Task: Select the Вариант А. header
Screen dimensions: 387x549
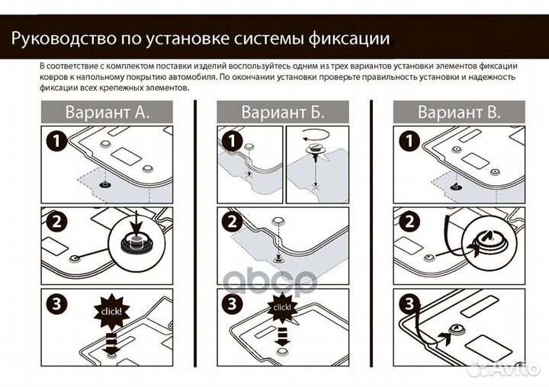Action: click(x=106, y=112)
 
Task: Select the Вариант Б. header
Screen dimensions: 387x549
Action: click(x=283, y=112)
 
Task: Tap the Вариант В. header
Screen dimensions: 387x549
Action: click(x=459, y=112)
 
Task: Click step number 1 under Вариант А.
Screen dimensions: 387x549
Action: click(x=55, y=142)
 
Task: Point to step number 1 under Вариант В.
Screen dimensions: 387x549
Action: click(x=408, y=142)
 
